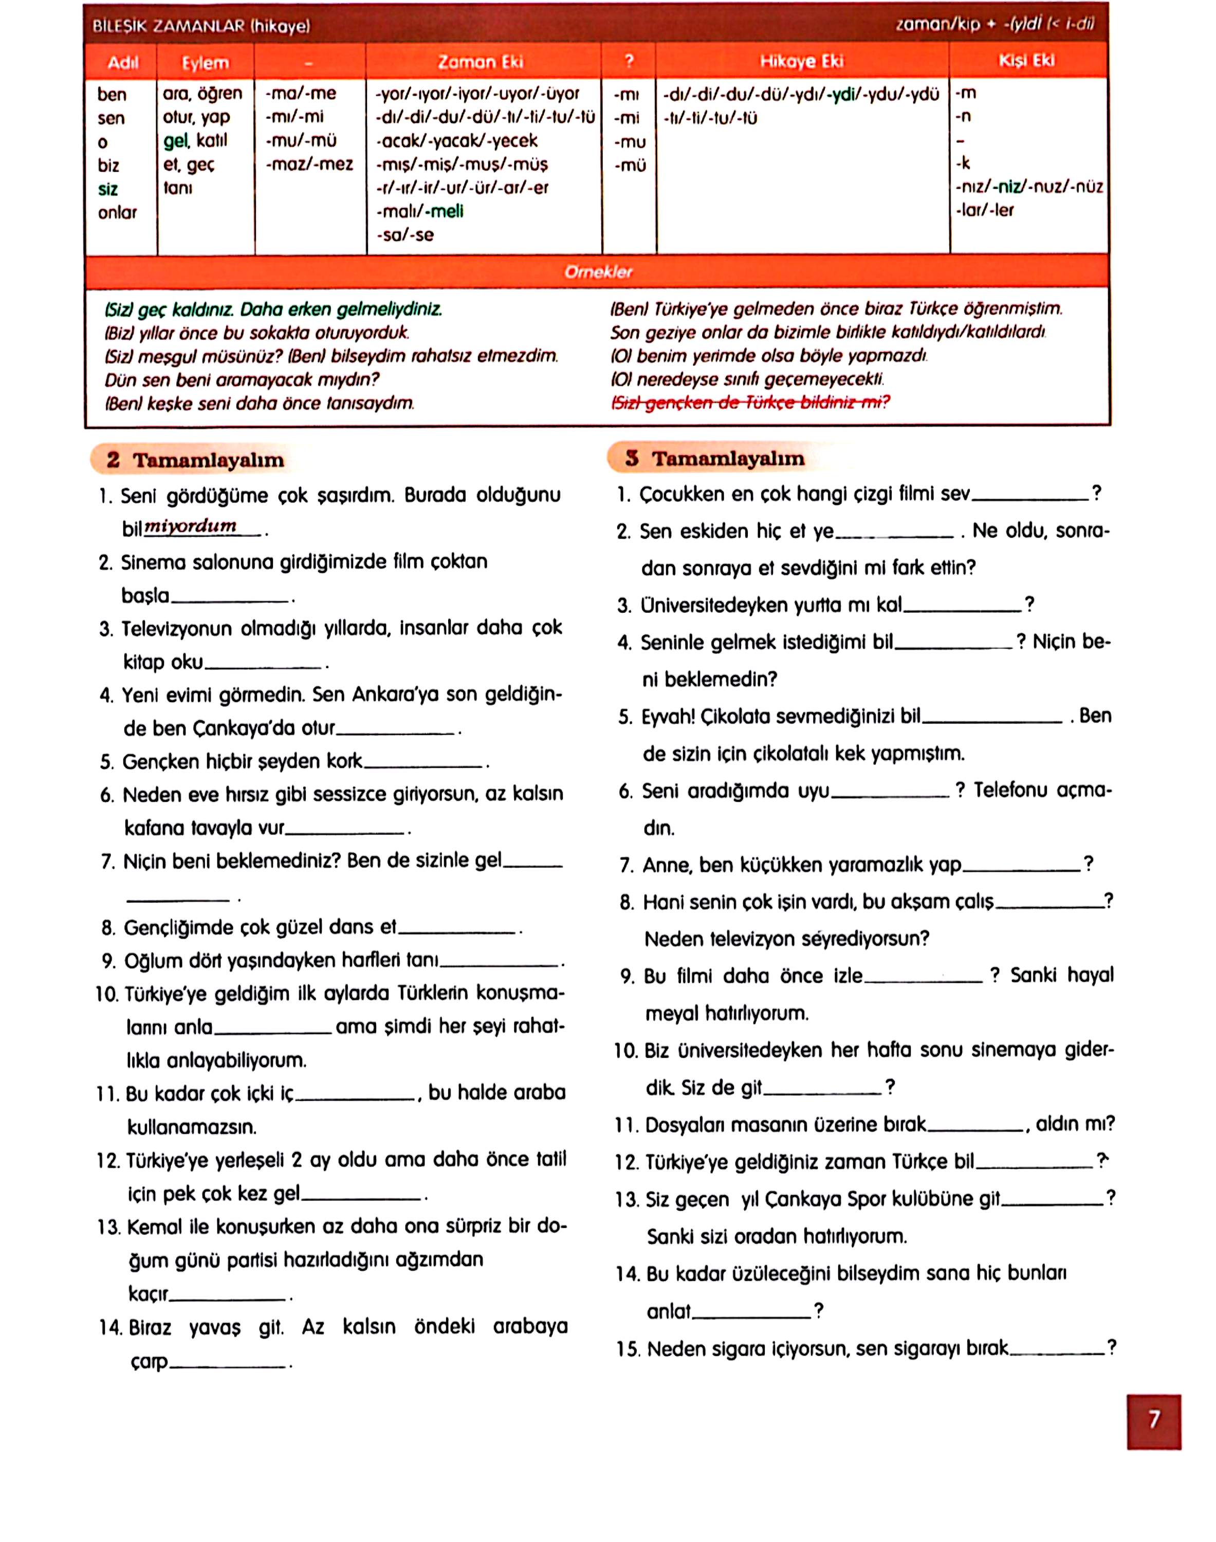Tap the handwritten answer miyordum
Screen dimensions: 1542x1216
coord(190,526)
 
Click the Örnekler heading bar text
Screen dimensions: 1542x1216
coord(598,272)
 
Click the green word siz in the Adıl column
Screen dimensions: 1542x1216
coord(107,189)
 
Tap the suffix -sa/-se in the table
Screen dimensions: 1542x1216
coord(405,235)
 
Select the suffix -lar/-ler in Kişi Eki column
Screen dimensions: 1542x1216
coord(985,210)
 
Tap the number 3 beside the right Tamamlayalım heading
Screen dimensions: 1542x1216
coord(632,458)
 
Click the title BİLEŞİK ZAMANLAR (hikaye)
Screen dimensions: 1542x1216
coord(201,26)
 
